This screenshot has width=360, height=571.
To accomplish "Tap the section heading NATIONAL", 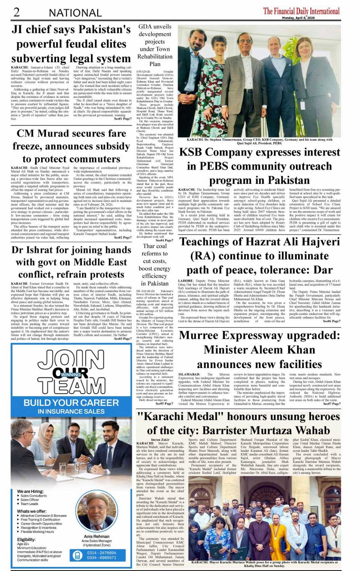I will tap(75, 13).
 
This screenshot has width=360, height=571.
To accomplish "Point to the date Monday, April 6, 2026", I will tap(298, 18).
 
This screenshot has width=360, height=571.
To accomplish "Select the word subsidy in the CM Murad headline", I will tap(107, 146).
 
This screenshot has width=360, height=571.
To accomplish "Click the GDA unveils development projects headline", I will tap(155, 45).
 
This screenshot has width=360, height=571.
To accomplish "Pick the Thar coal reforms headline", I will tap(155, 265).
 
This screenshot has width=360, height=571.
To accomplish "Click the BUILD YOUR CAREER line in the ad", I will tap(71, 403).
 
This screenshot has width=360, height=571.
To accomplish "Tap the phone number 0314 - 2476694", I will tap(101, 553).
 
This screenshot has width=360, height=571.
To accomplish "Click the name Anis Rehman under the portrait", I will tap(96, 536).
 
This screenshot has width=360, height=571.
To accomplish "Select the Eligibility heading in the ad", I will tap(26, 539).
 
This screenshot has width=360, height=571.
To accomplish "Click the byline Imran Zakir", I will tap(160, 440).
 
